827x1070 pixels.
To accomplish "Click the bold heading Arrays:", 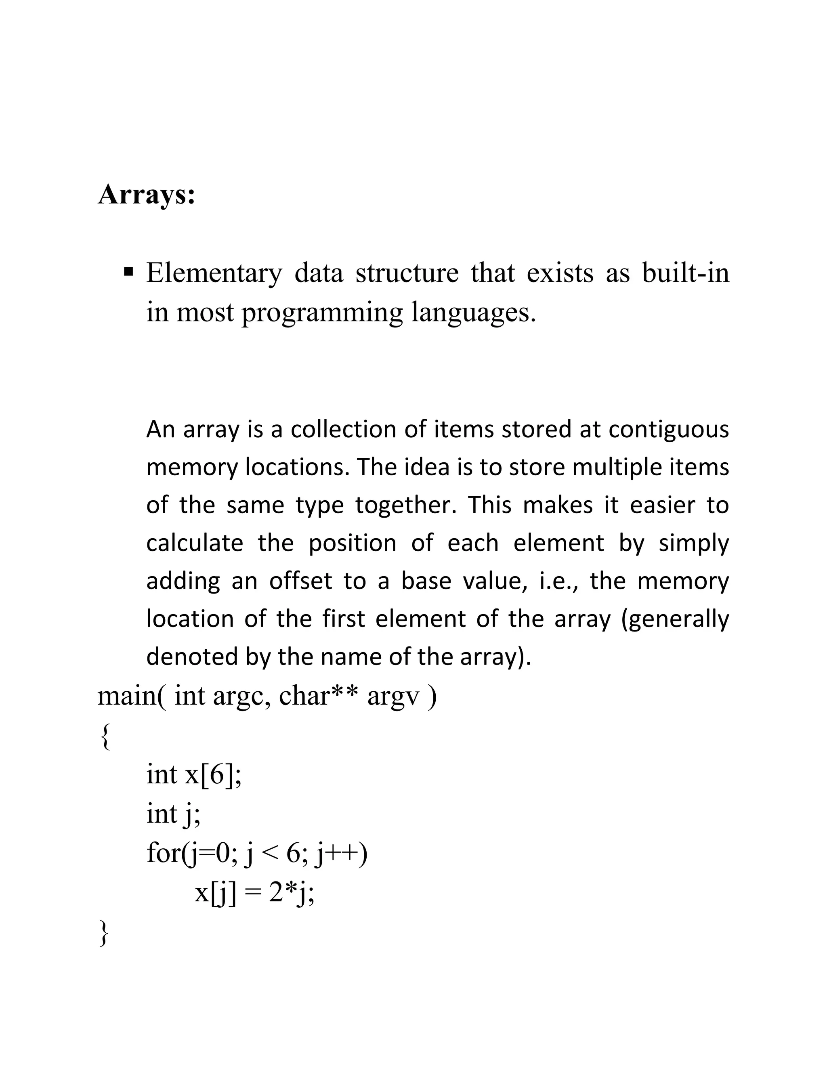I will [147, 195].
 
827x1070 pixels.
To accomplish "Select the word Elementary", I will [214, 273].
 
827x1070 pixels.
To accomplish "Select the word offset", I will [300, 581].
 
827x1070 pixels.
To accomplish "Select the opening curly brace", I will [104, 737].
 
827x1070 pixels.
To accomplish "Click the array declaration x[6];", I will [213, 775].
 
